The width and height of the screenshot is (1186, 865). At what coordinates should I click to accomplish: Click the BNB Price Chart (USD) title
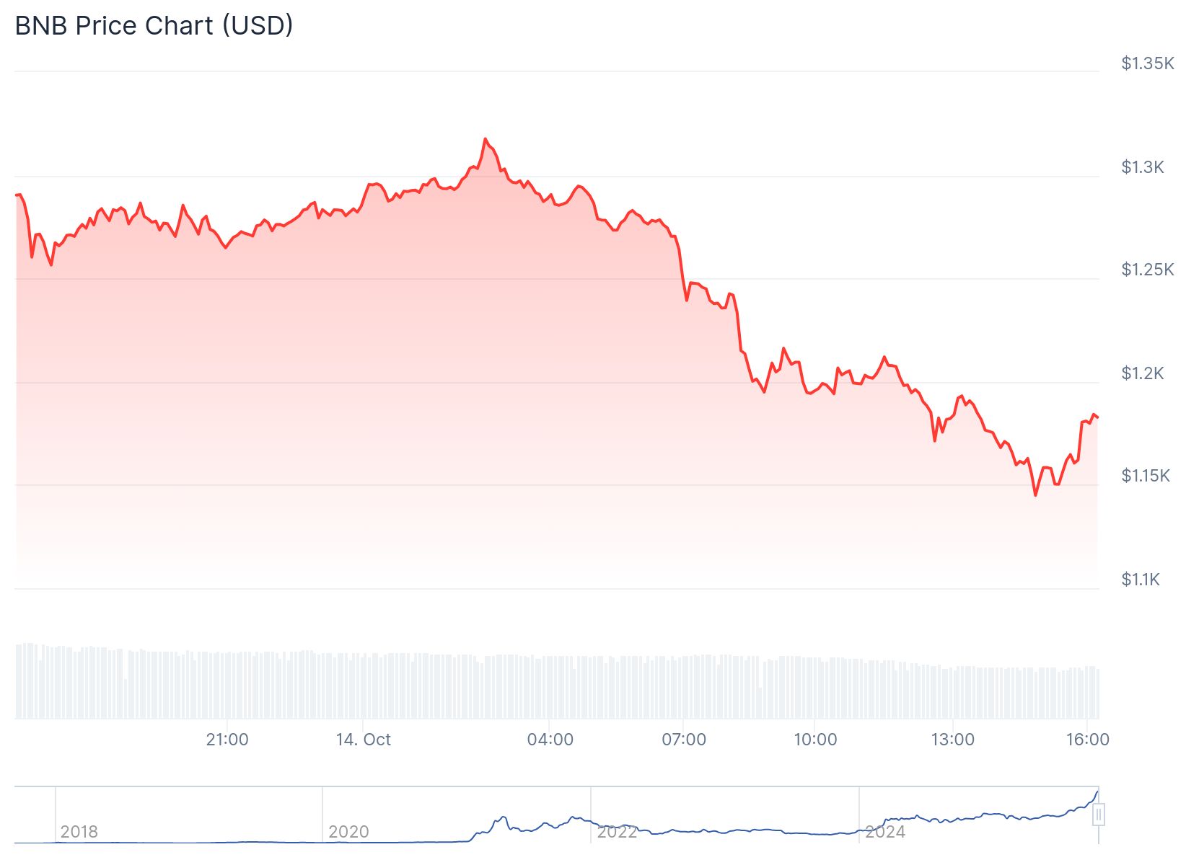tap(154, 26)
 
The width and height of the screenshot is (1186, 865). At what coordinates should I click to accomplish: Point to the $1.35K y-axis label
tap(1147, 63)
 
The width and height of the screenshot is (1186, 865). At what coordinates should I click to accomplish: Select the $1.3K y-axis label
tap(1143, 167)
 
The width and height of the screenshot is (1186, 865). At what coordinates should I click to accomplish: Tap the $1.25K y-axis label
tap(1147, 270)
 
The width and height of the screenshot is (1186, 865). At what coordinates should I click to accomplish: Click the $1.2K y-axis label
tap(1143, 373)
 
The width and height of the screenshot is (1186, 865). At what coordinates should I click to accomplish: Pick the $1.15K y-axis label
tap(1146, 476)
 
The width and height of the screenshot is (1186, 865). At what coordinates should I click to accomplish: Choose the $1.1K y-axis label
tap(1141, 580)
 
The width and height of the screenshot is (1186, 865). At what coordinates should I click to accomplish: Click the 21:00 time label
tap(227, 740)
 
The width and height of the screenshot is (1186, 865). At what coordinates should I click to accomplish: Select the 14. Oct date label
tap(364, 740)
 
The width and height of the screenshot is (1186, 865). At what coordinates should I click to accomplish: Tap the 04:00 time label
tap(550, 740)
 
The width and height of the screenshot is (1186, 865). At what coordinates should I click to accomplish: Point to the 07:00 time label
tap(684, 740)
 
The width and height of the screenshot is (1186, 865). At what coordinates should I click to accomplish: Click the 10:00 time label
tap(815, 740)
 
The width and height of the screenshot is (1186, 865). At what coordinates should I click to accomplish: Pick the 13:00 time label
tap(952, 740)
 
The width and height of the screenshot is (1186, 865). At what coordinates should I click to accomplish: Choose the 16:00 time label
tap(1088, 740)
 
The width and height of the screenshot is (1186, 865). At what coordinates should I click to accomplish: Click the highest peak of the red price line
tap(485, 139)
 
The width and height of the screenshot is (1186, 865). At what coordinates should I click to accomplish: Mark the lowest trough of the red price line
tap(1035, 495)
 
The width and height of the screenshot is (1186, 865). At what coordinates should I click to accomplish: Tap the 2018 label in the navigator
tap(79, 832)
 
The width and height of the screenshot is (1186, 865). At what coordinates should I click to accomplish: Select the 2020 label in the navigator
tap(348, 832)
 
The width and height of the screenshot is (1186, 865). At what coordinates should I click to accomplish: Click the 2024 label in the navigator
tap(885, 832)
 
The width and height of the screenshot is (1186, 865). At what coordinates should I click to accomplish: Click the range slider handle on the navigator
tap(1098, 815)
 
